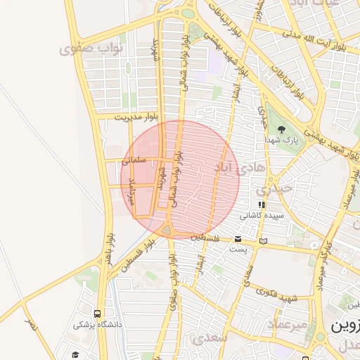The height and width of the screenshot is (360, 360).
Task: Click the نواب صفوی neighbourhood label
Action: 91,49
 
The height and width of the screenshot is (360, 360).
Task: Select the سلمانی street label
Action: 134,160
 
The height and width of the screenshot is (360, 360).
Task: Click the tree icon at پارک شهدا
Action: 281,129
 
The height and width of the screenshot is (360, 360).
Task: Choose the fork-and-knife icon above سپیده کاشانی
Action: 262,205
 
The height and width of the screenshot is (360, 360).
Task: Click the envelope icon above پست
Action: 238,239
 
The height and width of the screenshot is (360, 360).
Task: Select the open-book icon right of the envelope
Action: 264,241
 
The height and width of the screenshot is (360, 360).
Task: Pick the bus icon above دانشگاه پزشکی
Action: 97,314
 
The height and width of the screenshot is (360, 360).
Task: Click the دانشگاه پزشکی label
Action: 98,325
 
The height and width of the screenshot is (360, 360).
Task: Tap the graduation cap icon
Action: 75,354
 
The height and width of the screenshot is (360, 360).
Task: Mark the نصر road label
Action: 30,325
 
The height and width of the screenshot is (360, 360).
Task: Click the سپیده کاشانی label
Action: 261,215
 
